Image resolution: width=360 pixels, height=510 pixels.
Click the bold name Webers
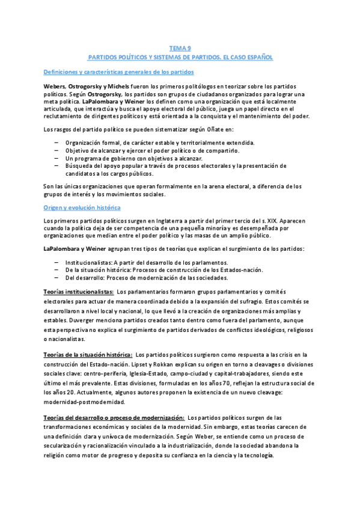pos(55,87)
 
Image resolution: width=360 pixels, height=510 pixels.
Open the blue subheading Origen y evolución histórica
pos(82,207)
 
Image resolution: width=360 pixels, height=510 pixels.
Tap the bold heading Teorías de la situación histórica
pos(88,354)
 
